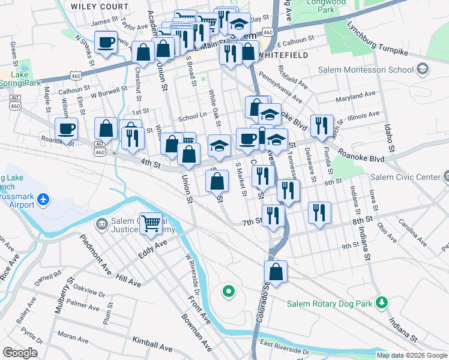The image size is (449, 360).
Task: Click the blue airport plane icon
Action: click(43, 199)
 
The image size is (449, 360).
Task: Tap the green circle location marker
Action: click(228, 292)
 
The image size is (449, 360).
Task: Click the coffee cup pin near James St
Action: click(106, 43)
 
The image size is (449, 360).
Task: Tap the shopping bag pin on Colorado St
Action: click(276, 272)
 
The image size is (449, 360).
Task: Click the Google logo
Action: click(20, 353)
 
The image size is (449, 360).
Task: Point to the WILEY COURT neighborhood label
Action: click(99, 6)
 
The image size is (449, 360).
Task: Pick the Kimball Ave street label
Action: click(152, 344)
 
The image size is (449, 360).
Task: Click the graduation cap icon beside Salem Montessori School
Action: click(424, 70)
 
